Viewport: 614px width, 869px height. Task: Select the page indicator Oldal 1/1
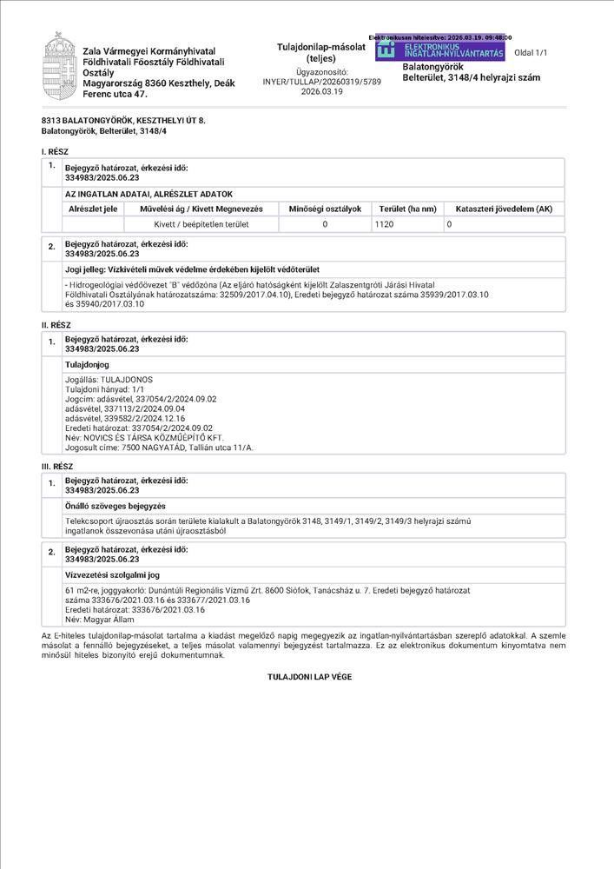pos(531,53)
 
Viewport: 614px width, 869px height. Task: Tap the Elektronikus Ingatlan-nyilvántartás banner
pos(439,50)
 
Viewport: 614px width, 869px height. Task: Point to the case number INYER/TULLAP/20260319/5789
pos(309,81)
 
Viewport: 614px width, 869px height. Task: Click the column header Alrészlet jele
pos(93,209)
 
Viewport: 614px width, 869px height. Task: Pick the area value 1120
pos(385,224)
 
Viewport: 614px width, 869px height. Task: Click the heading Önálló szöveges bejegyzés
pos(116,506)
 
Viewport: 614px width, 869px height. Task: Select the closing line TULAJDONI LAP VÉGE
pos(309,675)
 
